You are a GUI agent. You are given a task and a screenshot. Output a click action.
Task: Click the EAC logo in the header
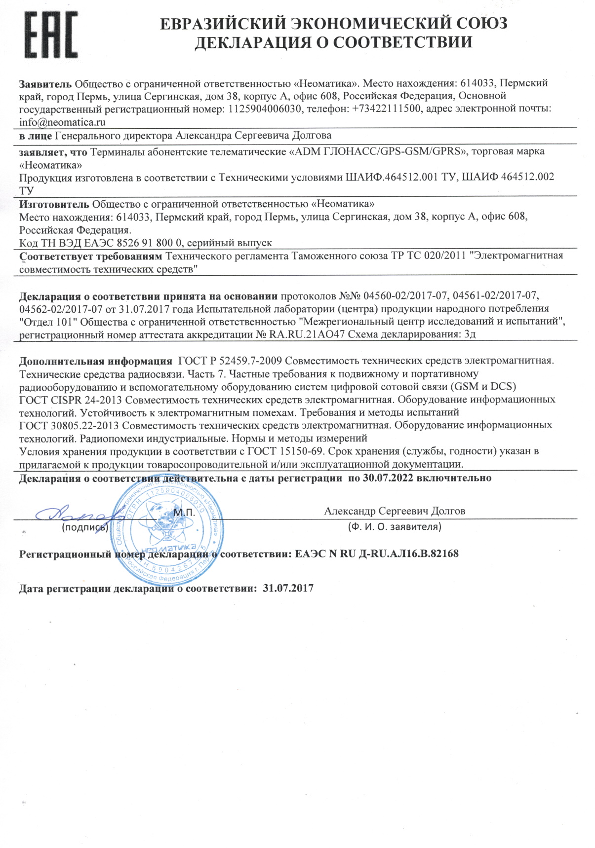tap(51, 36)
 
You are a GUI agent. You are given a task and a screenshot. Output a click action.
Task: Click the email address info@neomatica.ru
tap(62, 122)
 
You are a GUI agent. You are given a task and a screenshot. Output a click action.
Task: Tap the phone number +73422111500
tap(387, 109)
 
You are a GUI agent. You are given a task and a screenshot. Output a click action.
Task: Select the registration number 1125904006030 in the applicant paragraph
tap(265, 109)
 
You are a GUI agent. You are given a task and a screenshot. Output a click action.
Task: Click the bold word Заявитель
tap(45, 83)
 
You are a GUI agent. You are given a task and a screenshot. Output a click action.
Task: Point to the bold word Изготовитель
tap(54, 204)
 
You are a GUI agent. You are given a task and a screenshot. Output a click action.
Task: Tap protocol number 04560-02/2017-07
tap(405, 296)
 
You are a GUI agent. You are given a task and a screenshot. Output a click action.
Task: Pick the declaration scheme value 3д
tap(470, 334)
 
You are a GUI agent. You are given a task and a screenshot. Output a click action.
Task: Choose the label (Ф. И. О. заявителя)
tap(395, 527)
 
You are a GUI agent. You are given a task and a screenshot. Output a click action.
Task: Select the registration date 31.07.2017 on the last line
tap(288, 589)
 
